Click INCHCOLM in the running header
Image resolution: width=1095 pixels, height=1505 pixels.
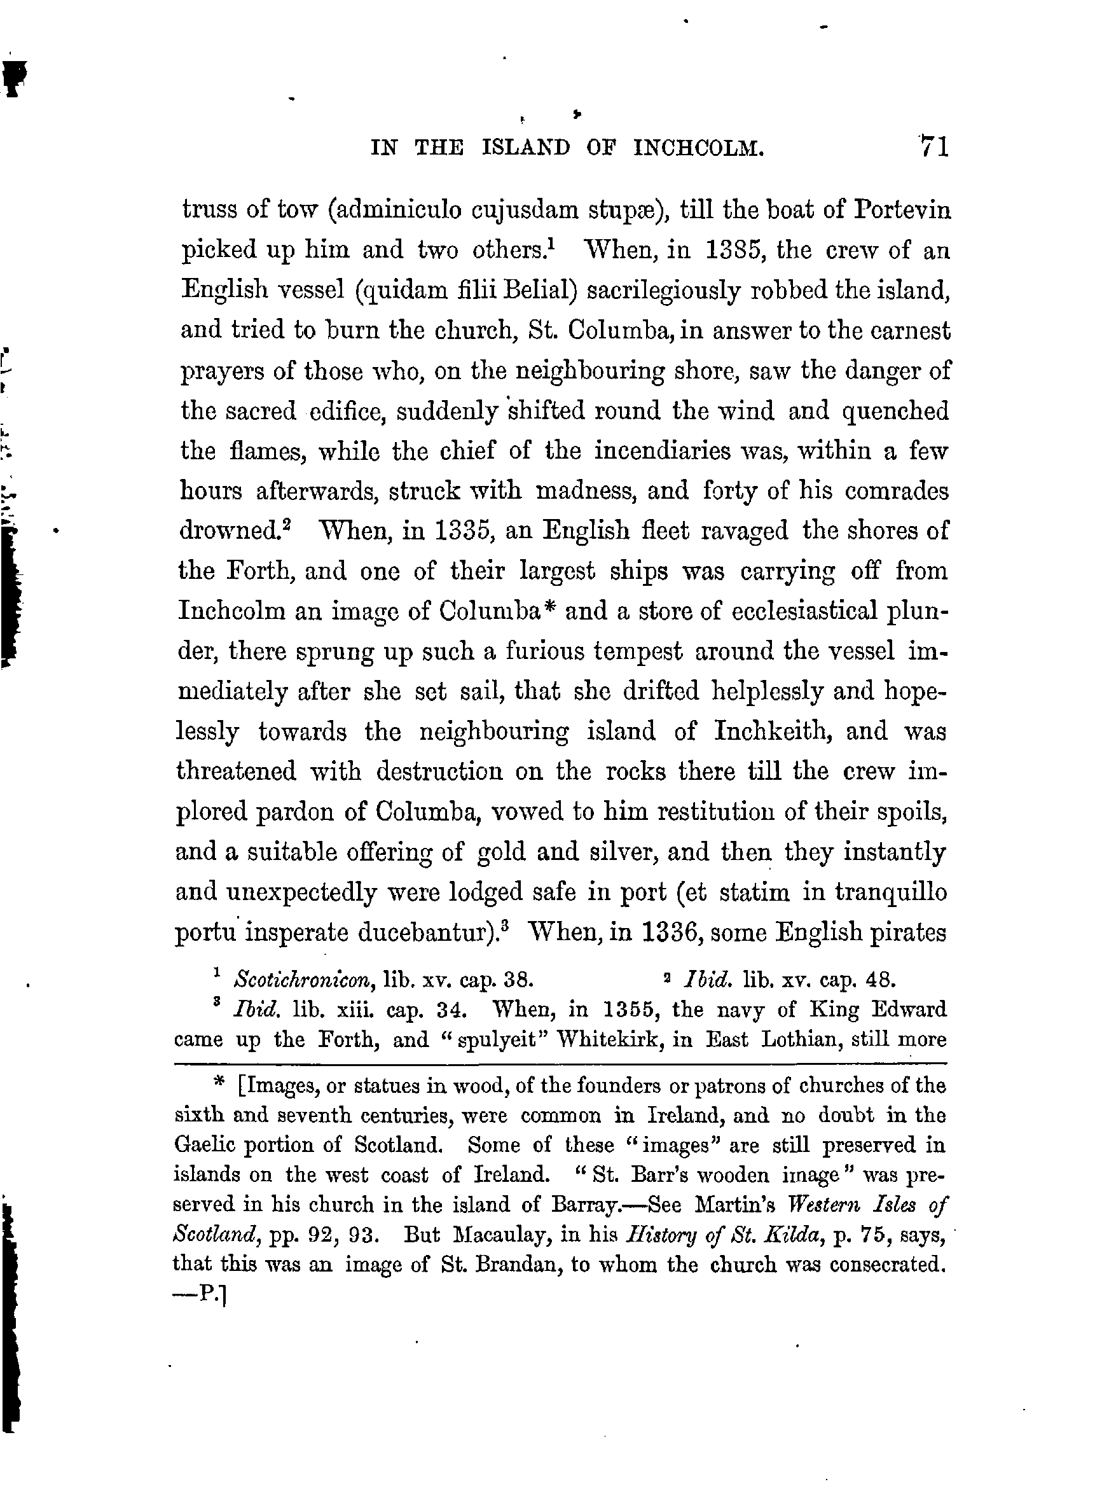pyautogui.click(x=699, y=148)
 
